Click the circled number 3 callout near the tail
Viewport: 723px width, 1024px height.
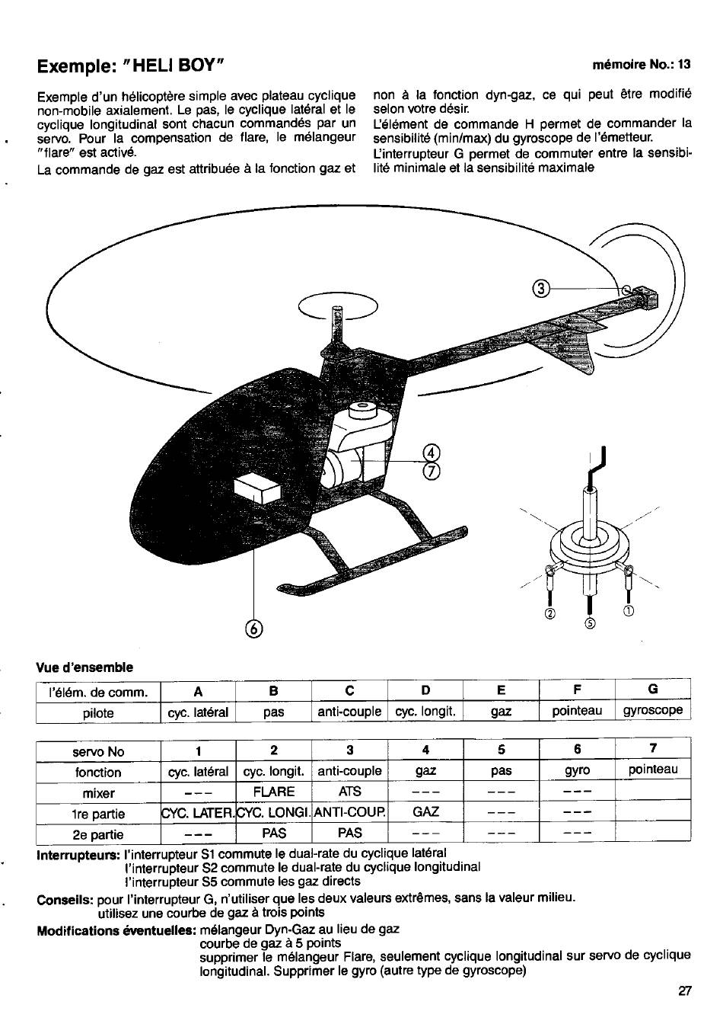pos(541,289)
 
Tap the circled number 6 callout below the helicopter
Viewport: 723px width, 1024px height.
pos(253,628)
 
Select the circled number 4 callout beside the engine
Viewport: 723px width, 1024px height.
pos(432,454)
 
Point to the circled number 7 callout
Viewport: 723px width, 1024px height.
pos(432,471)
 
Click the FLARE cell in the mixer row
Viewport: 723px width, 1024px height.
pos(273,792)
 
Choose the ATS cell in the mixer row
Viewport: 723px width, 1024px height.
pos(349,792)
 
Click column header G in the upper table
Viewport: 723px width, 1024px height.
pos(652,690)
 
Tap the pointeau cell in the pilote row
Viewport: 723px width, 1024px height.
pos(577,711)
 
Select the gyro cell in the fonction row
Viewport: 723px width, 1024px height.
pos(577,771)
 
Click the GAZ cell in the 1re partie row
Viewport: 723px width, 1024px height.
pos(425,812)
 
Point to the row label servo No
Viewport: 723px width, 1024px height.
pos(98,751)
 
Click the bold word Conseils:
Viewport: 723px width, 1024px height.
pos(65,898)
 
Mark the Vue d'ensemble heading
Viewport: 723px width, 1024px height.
pos(85,667)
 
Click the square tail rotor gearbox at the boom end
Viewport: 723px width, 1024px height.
pos(645,297)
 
